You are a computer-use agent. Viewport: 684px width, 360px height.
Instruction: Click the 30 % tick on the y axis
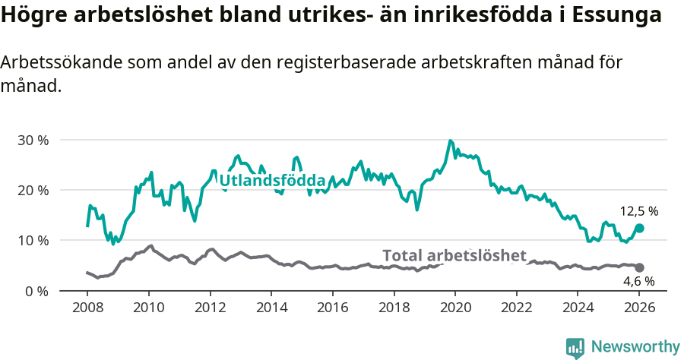32,141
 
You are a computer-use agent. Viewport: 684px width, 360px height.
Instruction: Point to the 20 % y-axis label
32,191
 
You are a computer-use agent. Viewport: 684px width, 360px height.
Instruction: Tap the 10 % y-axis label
32,241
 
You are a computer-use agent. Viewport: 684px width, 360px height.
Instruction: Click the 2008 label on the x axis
87,308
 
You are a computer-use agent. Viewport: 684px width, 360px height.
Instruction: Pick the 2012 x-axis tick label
210,308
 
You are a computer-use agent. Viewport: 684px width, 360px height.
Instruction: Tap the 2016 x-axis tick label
332,308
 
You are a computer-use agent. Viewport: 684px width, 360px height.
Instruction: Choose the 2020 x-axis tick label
455,308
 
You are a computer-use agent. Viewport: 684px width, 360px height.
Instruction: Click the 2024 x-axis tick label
578,308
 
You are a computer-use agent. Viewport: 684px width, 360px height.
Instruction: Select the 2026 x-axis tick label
639,308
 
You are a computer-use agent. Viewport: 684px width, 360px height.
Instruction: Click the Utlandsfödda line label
272,181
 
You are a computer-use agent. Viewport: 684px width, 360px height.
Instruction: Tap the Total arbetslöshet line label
454,255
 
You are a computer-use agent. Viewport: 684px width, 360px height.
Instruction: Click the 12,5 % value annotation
638,212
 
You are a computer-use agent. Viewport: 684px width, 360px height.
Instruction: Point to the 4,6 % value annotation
638,281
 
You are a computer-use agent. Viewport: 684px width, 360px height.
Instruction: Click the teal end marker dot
639,228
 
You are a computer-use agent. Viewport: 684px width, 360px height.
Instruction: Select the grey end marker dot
639,267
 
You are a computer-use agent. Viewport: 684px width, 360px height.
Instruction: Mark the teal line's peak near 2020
451,141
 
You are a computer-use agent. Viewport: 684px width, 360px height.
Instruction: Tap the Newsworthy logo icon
575,347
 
